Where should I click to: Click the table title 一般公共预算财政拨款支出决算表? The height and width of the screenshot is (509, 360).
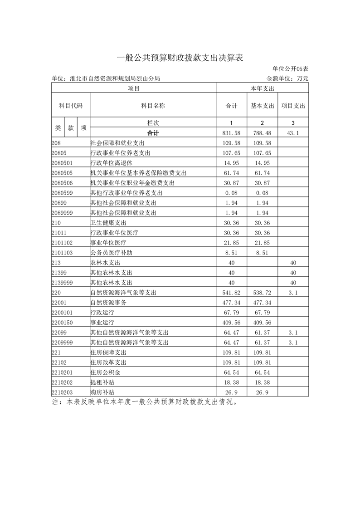click(180, 58)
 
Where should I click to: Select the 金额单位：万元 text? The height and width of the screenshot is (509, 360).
click(287, 78)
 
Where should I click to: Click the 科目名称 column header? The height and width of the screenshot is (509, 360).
click(153, 106)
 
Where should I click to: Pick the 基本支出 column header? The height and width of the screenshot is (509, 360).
click(263, 106)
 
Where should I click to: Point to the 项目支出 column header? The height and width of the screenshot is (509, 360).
click(293, 106)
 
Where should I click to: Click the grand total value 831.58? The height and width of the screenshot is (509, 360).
click(232, 133)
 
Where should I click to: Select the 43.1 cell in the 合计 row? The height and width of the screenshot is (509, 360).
click(293, 133)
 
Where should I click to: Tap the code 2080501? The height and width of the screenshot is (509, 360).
click(63, 162)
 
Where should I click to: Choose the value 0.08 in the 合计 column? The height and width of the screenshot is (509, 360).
click(232, 193)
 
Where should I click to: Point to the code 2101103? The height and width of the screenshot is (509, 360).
click(63, 253)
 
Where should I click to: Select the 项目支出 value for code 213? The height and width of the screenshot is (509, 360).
click(293, 263)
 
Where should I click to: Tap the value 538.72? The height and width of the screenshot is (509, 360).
click(263, 293)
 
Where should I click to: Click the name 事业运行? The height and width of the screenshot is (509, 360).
click(102, 323)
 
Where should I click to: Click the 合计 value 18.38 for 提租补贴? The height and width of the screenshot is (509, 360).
click(232, 382)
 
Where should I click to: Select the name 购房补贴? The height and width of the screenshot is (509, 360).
click(102, 392)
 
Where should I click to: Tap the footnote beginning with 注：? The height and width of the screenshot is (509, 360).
click(144, 402)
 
